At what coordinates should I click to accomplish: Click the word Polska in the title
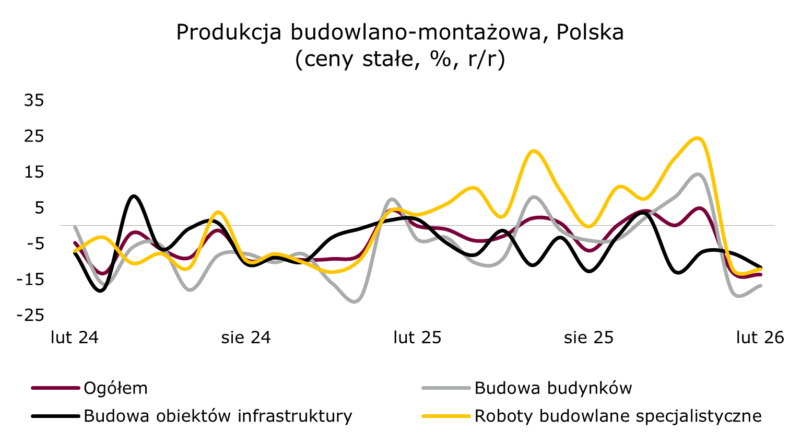click(x=590, y=32)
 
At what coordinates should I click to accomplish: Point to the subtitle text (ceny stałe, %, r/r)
click(x=400, y=60)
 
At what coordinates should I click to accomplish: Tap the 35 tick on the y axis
click(x=34, y=100)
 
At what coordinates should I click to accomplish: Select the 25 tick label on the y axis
click(x=34, y=136)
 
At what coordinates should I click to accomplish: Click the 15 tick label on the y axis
click(x=34, y=172)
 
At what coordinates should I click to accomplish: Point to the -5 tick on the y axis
click(x=32, y=244)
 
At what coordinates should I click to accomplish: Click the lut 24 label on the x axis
click(x=75, y=338)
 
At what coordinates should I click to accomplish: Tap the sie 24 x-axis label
click(x=246, y=338)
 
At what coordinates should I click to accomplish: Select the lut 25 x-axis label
click(x=417, y=338)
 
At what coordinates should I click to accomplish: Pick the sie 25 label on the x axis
click(x=588, y=338)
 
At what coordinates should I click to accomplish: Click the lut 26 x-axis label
click(x=760, y=338)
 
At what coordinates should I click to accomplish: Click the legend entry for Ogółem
click(x=115, y=388)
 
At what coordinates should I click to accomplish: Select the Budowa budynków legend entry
click(x=553, y=388)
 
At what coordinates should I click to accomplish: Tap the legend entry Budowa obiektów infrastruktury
click(x=218, y=416)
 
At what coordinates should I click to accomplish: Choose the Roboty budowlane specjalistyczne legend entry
click(x=618, y=416)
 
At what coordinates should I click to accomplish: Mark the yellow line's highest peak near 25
click(x=699, y=138)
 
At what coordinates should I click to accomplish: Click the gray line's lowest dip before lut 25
click(x=355, y=301)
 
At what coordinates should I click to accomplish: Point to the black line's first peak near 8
click(x=134, y=196)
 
